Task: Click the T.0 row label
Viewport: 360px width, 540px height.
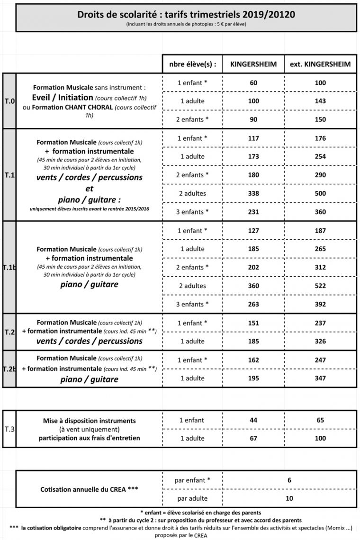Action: tap(9, 101)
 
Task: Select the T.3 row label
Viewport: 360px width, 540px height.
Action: tap(9, 429)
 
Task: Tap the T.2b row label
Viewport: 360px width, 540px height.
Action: tap(9, 369)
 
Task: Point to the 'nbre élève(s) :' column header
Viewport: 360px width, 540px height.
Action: tap(192, 64)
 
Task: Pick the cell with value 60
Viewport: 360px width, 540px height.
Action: tap(253, 83)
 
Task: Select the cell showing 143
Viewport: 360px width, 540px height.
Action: tap(320, 101)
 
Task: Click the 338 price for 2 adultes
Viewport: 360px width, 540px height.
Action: tap(253, 193)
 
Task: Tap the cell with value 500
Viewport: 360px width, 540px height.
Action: tap(320, 193)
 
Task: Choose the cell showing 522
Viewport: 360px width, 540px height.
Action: tap(320, 286)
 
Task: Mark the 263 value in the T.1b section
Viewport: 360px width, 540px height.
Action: tap(253, 304)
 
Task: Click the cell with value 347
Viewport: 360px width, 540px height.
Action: tap(320, 378)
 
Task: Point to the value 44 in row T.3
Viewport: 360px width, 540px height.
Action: tap(253, 420)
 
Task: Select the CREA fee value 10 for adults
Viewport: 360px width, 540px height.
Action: tap(289, 498)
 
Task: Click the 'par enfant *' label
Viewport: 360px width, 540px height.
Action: tap(192, 480)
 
